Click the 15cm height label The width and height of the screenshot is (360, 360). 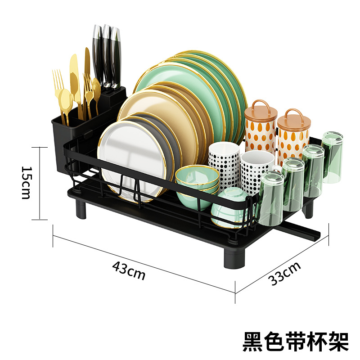coord(26,183)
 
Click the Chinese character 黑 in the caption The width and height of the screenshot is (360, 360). coord(253,342)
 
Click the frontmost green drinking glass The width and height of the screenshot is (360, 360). coord(270,198)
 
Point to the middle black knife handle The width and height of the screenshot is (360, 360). coord(107,54)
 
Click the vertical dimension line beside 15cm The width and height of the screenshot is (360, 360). coord(40,183)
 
